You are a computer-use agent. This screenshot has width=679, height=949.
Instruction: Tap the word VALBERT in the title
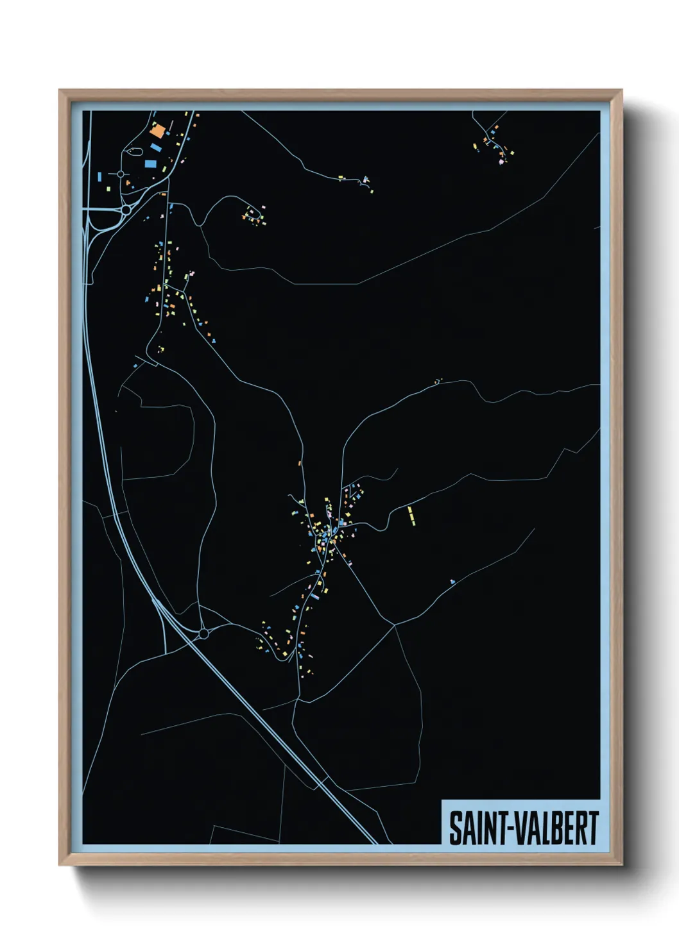point(555,828)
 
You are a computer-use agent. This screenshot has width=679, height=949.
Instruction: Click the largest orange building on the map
point(157,132)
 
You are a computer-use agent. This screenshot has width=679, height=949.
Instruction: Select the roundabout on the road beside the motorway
point(203,634)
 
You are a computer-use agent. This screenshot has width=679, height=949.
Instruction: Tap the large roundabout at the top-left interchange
point(126,210)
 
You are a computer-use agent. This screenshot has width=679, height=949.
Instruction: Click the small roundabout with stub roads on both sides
point(121,174)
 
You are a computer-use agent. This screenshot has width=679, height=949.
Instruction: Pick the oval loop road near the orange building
point(135,151)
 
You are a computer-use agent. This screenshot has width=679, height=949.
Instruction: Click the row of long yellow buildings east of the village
point(411,516)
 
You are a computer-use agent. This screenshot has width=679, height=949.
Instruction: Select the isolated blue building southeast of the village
point(452,582)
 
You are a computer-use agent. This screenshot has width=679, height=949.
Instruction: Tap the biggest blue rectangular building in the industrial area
point(156,148)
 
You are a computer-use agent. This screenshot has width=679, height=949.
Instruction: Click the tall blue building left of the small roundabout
point(100,175)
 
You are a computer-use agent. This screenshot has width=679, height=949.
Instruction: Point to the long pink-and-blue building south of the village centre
point(315,596)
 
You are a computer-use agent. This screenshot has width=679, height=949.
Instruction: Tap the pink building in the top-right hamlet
point(501,162)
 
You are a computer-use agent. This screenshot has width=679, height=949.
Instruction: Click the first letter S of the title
point(455,828)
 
